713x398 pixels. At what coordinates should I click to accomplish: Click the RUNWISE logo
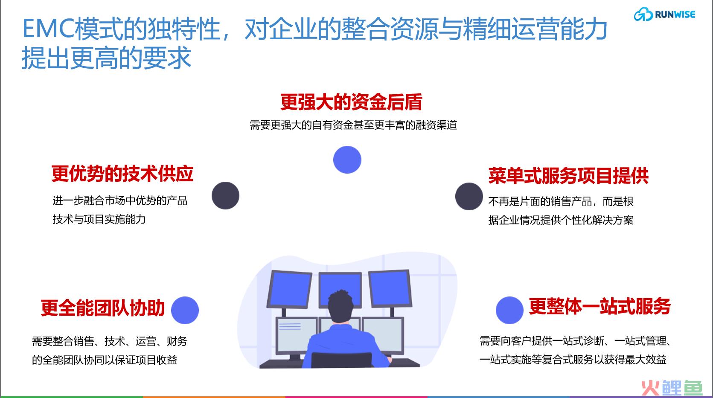[665, 15]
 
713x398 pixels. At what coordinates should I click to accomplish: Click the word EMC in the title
[48, 29]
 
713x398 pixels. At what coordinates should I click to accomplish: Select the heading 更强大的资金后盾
[351, 102]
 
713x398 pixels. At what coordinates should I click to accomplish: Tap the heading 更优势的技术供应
[122, 174]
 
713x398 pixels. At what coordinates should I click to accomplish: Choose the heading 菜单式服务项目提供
[568, 175]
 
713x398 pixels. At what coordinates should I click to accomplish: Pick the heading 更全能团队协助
[102, 308]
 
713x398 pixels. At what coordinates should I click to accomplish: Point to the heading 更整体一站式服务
[600, 306]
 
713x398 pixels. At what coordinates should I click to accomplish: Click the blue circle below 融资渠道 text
[347, 160]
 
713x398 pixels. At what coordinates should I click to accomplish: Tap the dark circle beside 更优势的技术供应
[225, 195]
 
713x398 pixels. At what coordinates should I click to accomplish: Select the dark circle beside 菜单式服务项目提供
[469, 196]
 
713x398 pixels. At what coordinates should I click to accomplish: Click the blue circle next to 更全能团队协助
[185, 310]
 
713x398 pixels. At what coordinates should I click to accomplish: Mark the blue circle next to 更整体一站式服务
[509, 310]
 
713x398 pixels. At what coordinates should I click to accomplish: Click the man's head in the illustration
[340, 306]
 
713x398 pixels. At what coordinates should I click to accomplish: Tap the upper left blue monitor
[289, 289]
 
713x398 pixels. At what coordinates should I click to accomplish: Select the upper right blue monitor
[390, 288]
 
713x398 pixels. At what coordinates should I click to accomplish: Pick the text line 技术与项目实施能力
[99, 219]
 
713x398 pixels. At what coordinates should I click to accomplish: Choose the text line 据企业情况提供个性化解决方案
[561, 220]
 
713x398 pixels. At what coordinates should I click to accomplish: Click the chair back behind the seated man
[341, 360]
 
